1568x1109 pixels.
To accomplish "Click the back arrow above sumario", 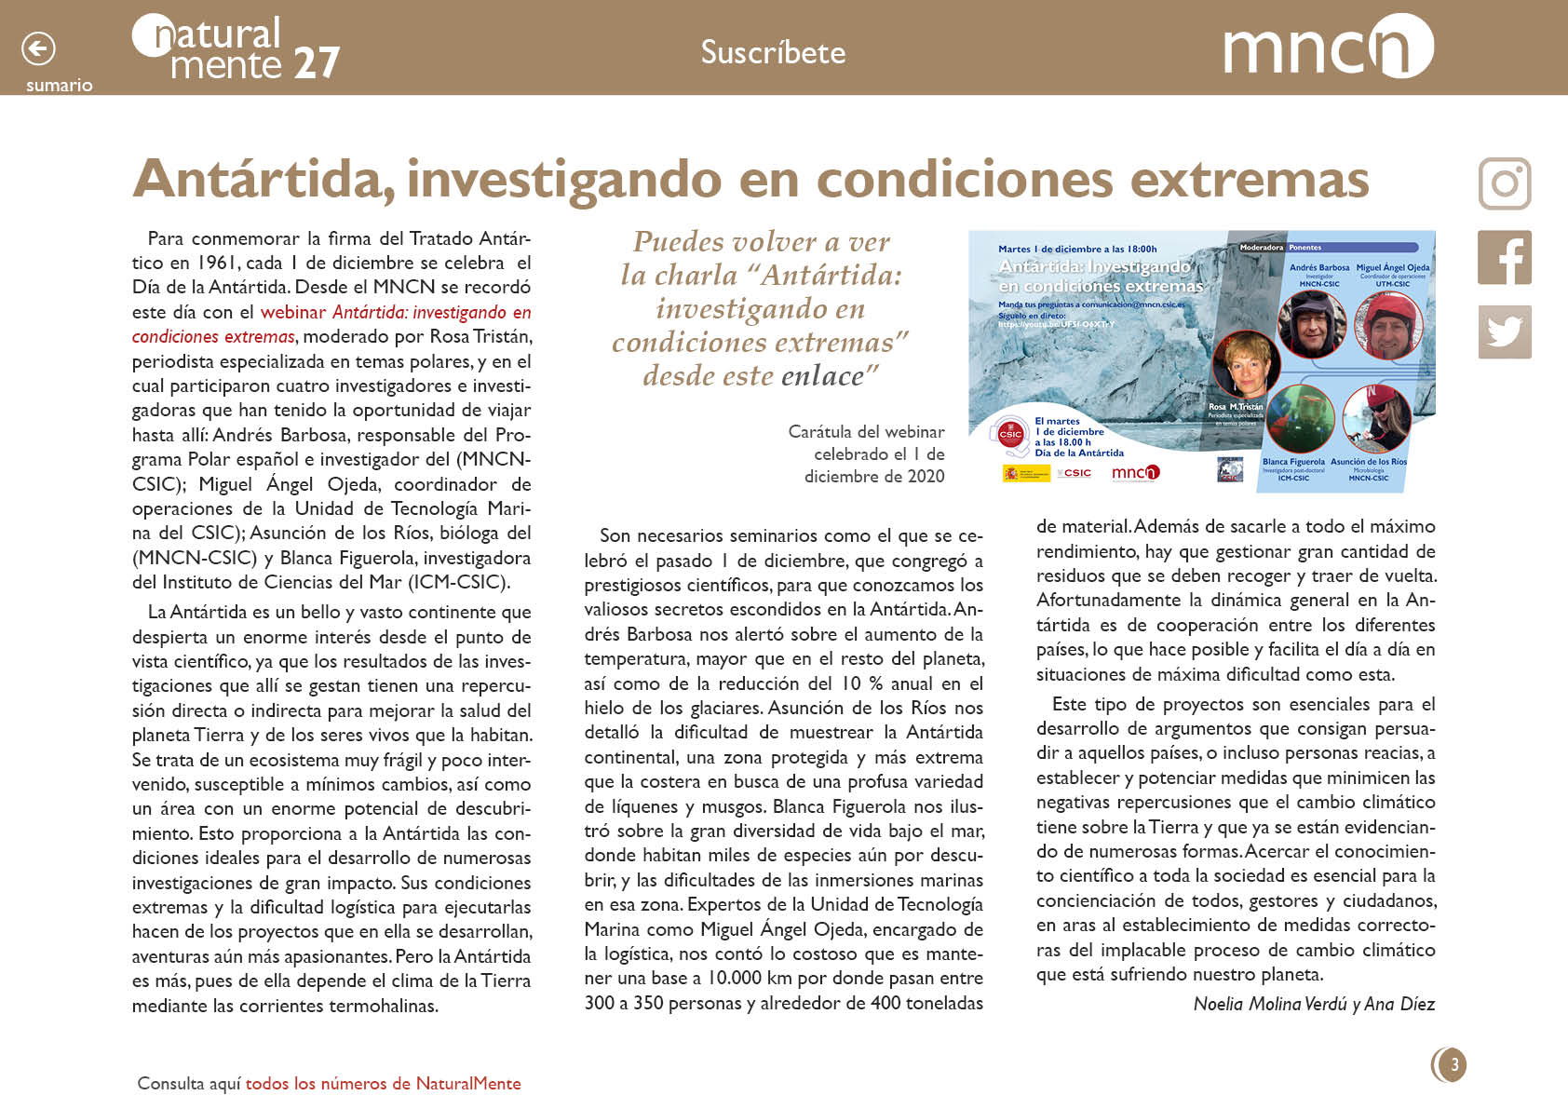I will pos(38,48).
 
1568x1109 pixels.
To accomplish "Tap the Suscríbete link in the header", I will pos(773,52).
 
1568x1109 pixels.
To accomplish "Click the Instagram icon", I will pos(1505,183).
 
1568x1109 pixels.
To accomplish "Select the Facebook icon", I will pos(1505,258).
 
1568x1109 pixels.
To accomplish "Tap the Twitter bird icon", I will pos(1505,331).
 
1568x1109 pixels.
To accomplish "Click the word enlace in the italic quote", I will pos(823,376).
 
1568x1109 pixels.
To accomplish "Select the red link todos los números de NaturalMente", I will pos(383,1084).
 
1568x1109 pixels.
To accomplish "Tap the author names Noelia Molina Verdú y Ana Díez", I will pos(1314,1004).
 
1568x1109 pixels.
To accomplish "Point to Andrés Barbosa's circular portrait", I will pos(1312,324).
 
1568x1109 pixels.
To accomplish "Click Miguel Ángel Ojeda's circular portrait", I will pos(1388,324).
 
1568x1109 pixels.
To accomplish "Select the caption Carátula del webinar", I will pos(866,432).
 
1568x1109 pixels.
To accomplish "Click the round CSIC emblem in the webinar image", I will pos(1010,434).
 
